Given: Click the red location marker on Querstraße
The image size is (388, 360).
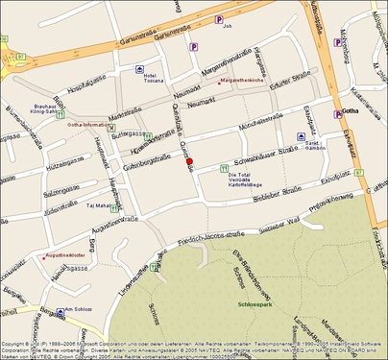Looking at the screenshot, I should [x=189, y=160].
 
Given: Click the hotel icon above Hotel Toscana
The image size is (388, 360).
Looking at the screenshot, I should [x=141, y=69].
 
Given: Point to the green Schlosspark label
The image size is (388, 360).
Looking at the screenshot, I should [x=254, y=303].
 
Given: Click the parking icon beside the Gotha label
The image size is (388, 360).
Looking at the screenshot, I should [x=337, y=114].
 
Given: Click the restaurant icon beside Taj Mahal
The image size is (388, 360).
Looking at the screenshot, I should [x=115, y=205].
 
